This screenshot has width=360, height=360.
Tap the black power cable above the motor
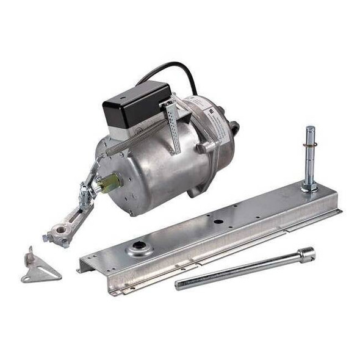tap(177, 68)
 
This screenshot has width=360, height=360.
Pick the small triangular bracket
tap(40, 268)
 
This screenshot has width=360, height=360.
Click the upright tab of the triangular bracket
tap(29, 256)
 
